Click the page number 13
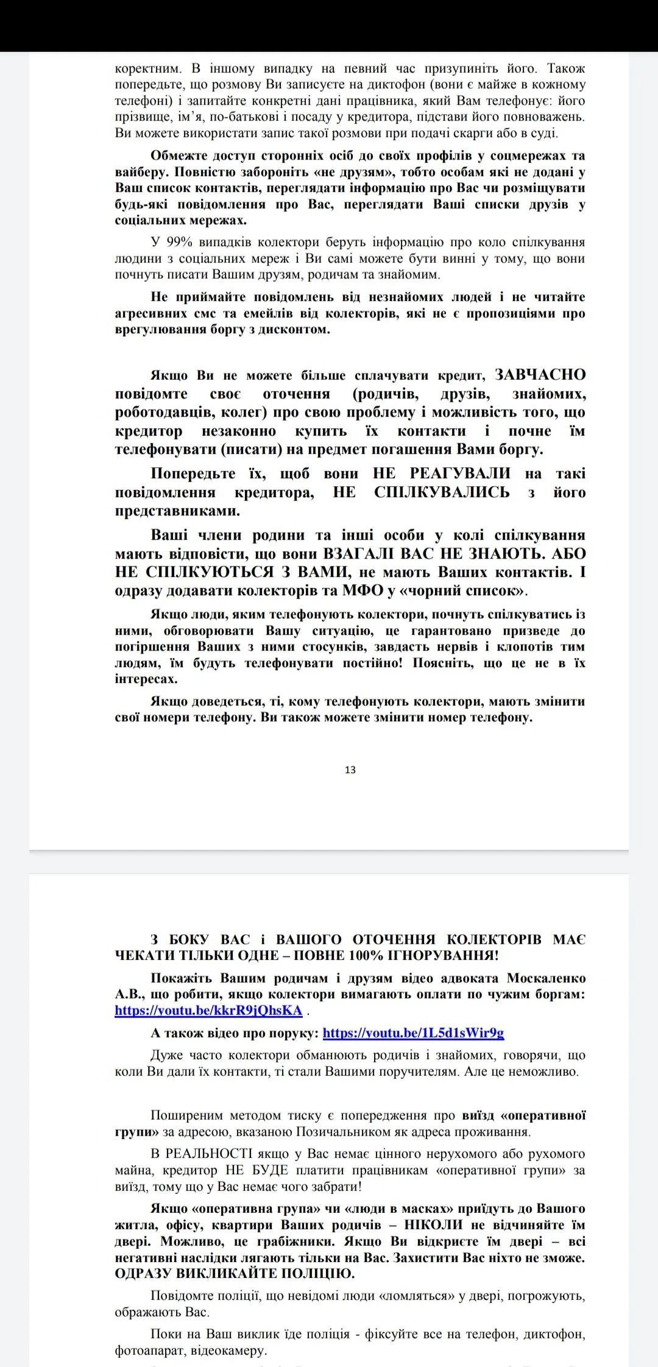(x=350, y=770)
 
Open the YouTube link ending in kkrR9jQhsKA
(x=208, y=1011)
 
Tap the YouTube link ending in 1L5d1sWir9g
(x=413, y=1033)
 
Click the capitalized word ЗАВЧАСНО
(x=540, y=375)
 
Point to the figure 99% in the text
(x=179, y=242)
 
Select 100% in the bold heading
(x=377, y=956)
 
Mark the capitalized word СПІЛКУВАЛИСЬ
(x=442, y=492)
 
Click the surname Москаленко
(x=546, y=978)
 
